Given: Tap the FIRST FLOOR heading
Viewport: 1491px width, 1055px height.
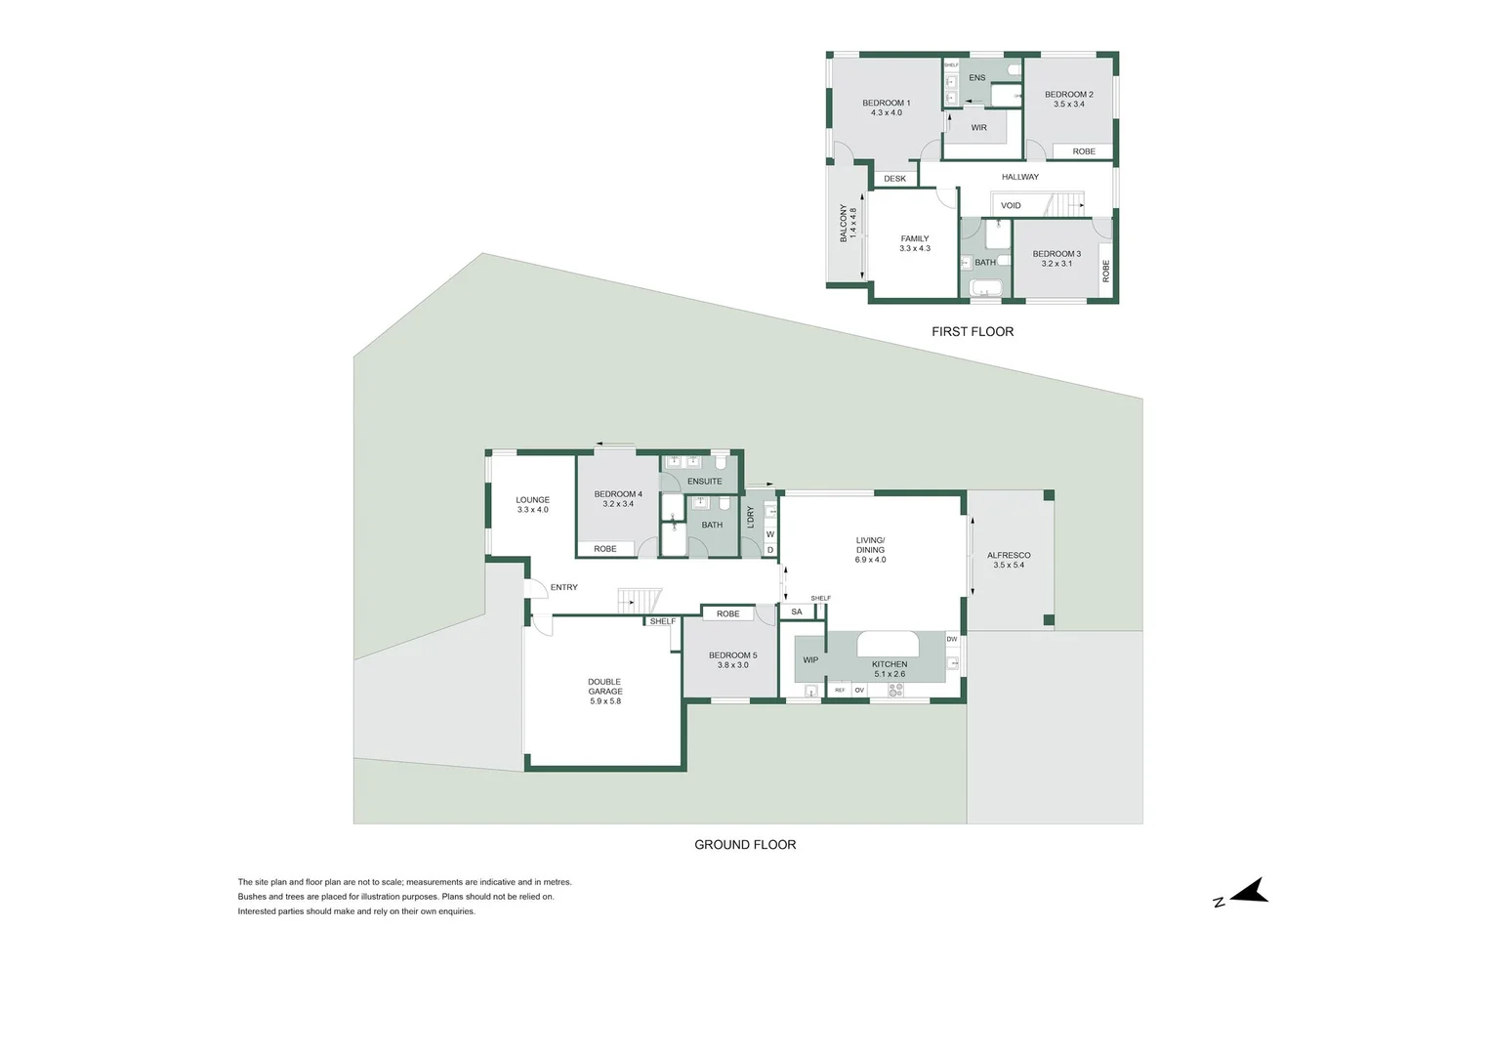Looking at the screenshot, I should [973, 332].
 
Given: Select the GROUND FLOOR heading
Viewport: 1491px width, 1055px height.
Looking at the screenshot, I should [745, 845].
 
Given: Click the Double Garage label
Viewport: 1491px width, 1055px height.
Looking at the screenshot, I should [604, 692].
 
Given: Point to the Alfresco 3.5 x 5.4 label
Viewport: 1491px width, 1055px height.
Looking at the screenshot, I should [1009, 560].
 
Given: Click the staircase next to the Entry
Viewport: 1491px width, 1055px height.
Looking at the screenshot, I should [640, 601].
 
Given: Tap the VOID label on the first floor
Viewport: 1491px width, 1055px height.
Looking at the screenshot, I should [1011, 206].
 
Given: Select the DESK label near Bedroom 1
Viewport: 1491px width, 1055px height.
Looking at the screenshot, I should [894, 179].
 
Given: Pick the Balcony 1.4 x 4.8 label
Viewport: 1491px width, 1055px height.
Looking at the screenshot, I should [848, 224].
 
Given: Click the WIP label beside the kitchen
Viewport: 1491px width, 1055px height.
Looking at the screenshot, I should [810, 660].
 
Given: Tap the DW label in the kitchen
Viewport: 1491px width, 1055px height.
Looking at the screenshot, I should [951, 639].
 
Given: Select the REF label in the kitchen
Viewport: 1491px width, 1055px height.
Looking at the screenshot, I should [840, 691].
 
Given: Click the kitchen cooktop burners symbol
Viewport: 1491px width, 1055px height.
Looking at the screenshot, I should [895, 691].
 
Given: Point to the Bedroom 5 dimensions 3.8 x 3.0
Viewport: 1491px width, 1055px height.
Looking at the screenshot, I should [732, 665].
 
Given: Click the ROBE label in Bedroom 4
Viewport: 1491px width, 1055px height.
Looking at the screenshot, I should [605, 549].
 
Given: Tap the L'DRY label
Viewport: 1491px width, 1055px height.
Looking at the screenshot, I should [751, 518].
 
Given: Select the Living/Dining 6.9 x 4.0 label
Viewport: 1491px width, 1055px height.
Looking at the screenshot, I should [870, 550].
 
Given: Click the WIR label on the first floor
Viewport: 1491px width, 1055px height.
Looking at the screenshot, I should [978, 128].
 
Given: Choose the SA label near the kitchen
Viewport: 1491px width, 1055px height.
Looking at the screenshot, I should [797, 612].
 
